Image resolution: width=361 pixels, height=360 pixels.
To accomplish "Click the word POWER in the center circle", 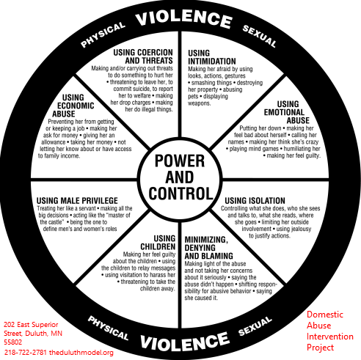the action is (180, 161).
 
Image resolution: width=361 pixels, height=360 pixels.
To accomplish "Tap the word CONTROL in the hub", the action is (180, 194).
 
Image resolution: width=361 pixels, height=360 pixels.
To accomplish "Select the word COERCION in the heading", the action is (154, 53).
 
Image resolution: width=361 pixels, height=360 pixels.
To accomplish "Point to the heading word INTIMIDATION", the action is (212, 61).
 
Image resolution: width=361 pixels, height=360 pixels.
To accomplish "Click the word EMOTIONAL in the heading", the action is (284, 112).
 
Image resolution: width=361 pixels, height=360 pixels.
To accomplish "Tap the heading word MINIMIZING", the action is (206, 240).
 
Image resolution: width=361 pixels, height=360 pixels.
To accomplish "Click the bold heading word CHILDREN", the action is (158, 246).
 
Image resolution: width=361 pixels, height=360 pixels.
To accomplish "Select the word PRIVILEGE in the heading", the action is (100, 201).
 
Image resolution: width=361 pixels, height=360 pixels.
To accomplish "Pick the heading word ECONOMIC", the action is (76, 106).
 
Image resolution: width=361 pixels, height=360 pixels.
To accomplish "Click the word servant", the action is (87, 208).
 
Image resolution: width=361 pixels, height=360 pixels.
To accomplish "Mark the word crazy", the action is (311, 142).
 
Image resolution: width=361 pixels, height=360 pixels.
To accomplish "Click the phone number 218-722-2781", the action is (25, 352).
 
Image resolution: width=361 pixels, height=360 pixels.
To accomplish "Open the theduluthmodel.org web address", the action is (81, 353).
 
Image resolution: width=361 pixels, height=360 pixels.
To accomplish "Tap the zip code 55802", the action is (12, 342).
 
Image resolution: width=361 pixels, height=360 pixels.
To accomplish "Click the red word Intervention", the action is (330, 337).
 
